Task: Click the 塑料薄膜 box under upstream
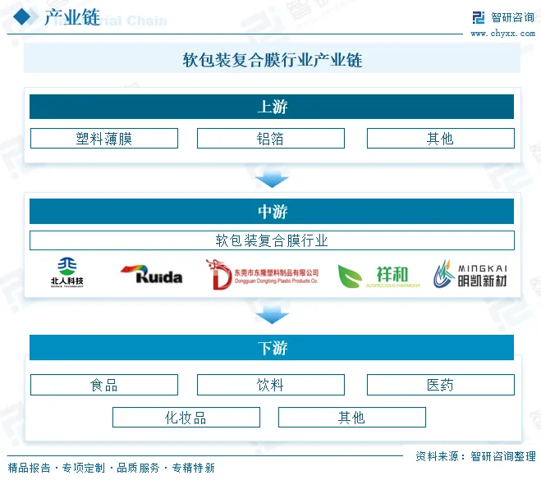coord(103,139)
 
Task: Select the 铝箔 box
coord(270,139)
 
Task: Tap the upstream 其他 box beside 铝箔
coord(440,139)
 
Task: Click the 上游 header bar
coord(272,107)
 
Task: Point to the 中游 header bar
coord(272,212)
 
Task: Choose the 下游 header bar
coord(272,348)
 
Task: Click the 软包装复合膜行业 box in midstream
coord(272,240)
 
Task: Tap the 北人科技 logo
coord(66,273)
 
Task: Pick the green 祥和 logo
coord(379,276)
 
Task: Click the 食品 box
coord(103,385)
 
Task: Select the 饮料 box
coord(270,385)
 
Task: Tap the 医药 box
coord(440,385)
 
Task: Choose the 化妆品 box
coord(186,418)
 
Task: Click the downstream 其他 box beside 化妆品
coord(351,418)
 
